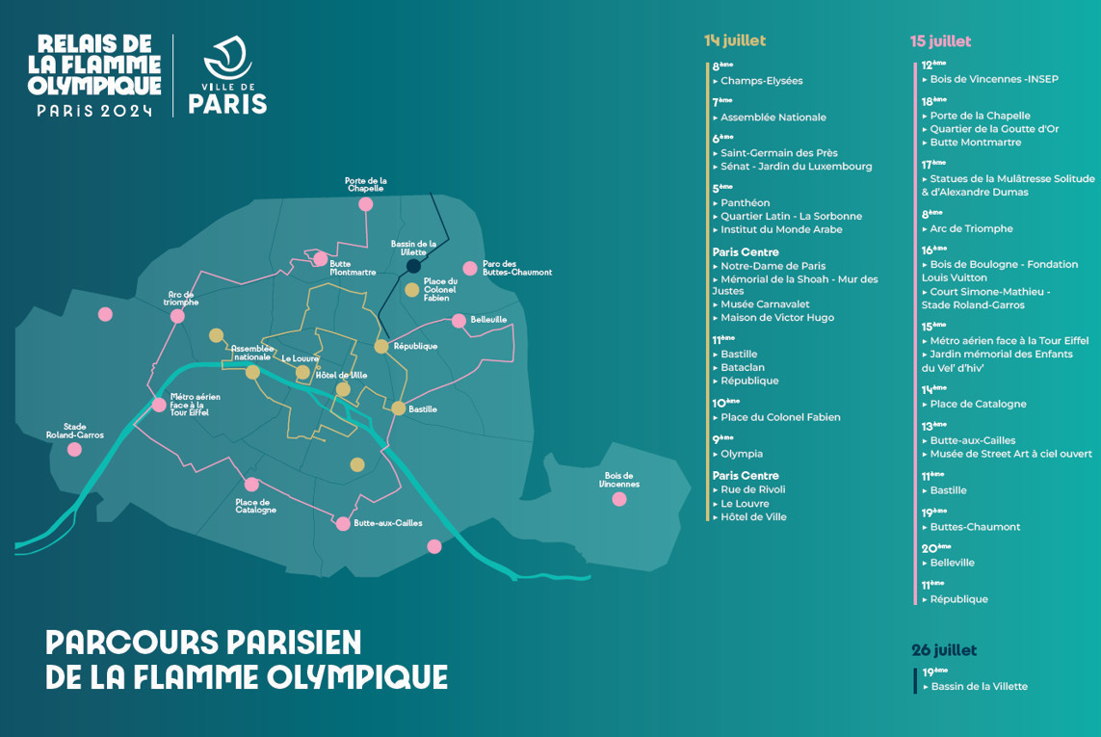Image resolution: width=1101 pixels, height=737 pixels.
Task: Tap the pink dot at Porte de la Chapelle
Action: pyautogui.click(x=365, y=204)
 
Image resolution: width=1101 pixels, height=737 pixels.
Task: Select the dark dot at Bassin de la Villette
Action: pyautogui.click(x=413, y=266)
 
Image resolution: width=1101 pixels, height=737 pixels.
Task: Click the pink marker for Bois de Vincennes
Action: pyautogui.click(x=619, y=499)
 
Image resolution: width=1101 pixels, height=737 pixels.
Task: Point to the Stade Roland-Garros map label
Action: pyautogui.click(x=75, y=431)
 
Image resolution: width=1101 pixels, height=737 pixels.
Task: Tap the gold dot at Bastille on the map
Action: pyautogui.click(x=398, y=408)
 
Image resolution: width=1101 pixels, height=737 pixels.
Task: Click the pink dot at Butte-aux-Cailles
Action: pyautogui.click(x=343, y=524)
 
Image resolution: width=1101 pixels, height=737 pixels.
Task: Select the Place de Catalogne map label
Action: pyautogui.click(x=255, y=505)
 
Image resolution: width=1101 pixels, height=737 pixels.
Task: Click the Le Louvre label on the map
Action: pyautogui.click(x=300, y=357)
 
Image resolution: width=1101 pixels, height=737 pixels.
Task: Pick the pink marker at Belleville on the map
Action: pyautogui.click(x=459, y=321)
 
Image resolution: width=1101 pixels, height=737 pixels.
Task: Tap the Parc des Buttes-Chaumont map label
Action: pyautogui.click(x=517, y=268)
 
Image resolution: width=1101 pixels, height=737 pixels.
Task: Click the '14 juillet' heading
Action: pyautogui.click(x=735, y=40)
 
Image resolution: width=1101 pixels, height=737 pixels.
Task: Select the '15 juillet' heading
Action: pyautogui.click(x=940, y=41)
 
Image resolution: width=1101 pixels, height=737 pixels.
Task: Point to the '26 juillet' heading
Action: pyautogui.click(x=944, y=650)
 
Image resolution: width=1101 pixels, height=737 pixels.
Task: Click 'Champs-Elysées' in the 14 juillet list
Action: pyautogui.click(x=761, y=81)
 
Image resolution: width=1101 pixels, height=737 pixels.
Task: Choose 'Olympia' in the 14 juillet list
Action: pyautogui.click(x=742, y=454)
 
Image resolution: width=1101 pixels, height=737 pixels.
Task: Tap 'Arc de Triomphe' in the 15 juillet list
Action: pyautogui.click(x=971, y=228)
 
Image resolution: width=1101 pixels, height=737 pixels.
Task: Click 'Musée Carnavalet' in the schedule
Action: pyautogui.click(x=765, y=304)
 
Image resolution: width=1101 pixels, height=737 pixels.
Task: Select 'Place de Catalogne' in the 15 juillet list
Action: pyautogui.click(x=978, y=404)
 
